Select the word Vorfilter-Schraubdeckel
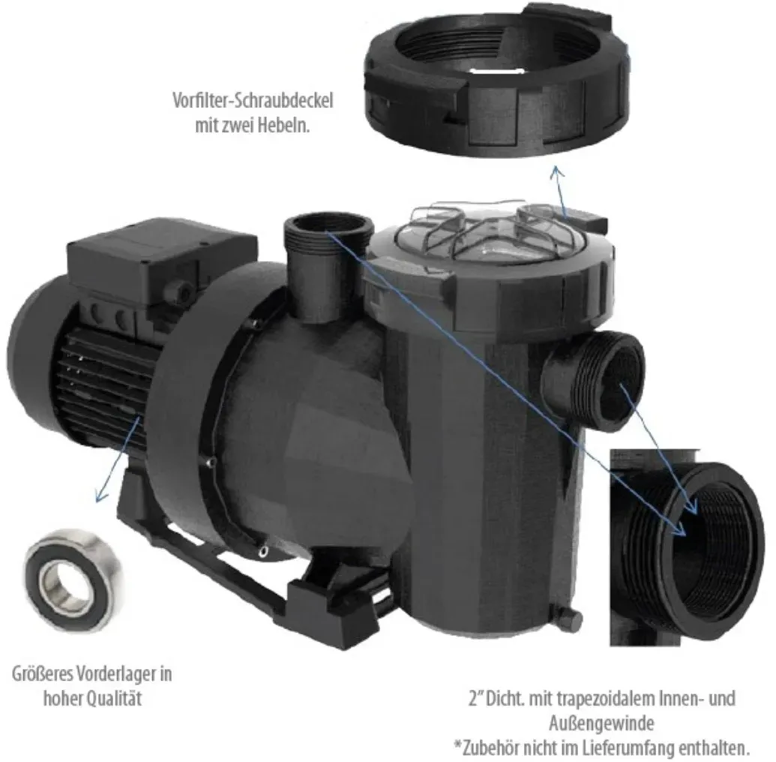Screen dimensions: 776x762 click(x=253, y=100)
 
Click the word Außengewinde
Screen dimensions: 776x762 click(x=601, y=724)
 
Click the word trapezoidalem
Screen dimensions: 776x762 click(x=607, y=699)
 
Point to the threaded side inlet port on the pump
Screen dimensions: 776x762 click(x=594, y=377)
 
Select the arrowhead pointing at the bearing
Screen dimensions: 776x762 click(x=101, y=495)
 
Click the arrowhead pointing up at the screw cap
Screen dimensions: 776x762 click(x=558, y=172)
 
